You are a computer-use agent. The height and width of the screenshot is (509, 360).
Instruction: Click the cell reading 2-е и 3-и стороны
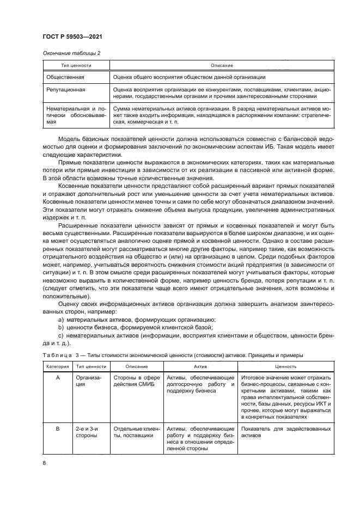(x=87, y=432)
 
